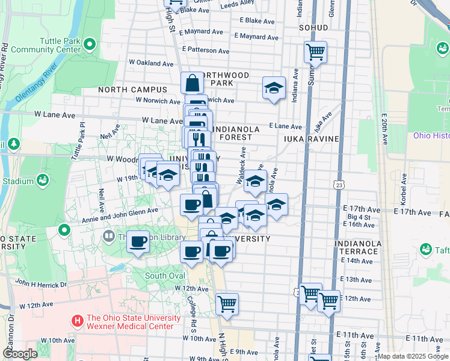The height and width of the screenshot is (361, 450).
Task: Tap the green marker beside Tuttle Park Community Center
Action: [90, 44]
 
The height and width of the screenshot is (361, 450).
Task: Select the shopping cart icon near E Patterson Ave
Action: [315, 52]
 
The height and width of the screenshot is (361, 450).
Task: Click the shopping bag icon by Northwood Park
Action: [192, 83]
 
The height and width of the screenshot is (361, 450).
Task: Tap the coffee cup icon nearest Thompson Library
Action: [138, 242]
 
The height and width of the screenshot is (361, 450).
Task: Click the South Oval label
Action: [164, 276]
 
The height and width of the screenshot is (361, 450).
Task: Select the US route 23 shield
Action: [341, 185]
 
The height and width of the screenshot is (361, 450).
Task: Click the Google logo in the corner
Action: [20, 354]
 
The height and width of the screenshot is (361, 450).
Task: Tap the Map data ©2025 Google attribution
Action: [413, 356]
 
